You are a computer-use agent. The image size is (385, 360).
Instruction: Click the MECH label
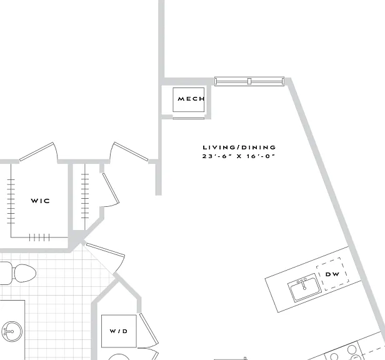pos(191,99)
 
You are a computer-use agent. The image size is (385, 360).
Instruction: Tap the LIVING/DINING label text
pos(239,147)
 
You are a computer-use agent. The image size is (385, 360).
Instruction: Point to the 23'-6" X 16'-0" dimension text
pos(238,156)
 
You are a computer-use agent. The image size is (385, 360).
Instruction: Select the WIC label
pos(40,201)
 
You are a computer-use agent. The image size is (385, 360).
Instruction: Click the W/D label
pos(119,331)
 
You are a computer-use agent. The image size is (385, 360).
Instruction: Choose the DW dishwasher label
pos(332,274)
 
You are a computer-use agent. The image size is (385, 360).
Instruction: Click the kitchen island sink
pos(305,287)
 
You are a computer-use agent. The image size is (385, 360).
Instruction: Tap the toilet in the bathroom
pos(18,273)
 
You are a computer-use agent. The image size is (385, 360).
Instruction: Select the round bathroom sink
pos(11,331)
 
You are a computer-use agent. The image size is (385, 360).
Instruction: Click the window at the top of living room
pos(249,81)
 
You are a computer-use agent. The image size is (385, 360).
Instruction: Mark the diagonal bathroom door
pos(104,258)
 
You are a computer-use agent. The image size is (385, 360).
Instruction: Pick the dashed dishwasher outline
pos(332,274)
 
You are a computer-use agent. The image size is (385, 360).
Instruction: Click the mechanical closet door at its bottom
pos(189,118)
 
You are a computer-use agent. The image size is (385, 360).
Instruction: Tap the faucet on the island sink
pos(303,283)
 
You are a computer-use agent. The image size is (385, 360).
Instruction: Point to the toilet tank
pos(6,273)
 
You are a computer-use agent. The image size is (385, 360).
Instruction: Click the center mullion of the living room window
pos(249,81)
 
